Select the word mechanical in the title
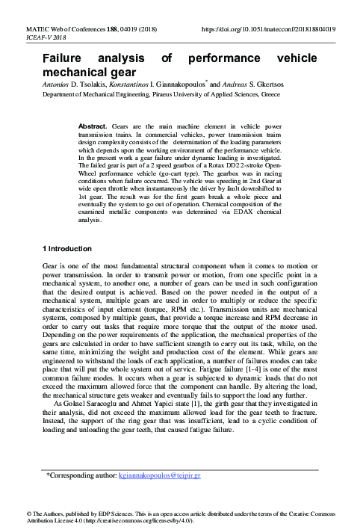click(x=74, y=73)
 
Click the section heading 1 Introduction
click(x=66, y=248)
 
